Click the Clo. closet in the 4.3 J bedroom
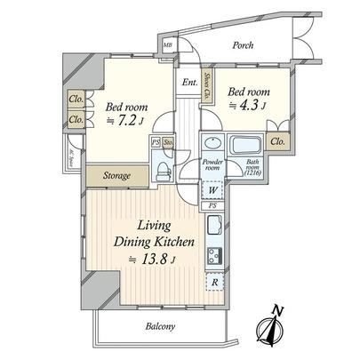pyautogui.click(x=278, y=140)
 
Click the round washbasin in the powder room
pyautogui.click(x=212, y=146)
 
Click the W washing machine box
pyautogui.click(x=214, y=188)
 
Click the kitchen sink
pyautogui.click(x=214, y=228)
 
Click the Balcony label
pyautogui.click(x=161, y=326)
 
